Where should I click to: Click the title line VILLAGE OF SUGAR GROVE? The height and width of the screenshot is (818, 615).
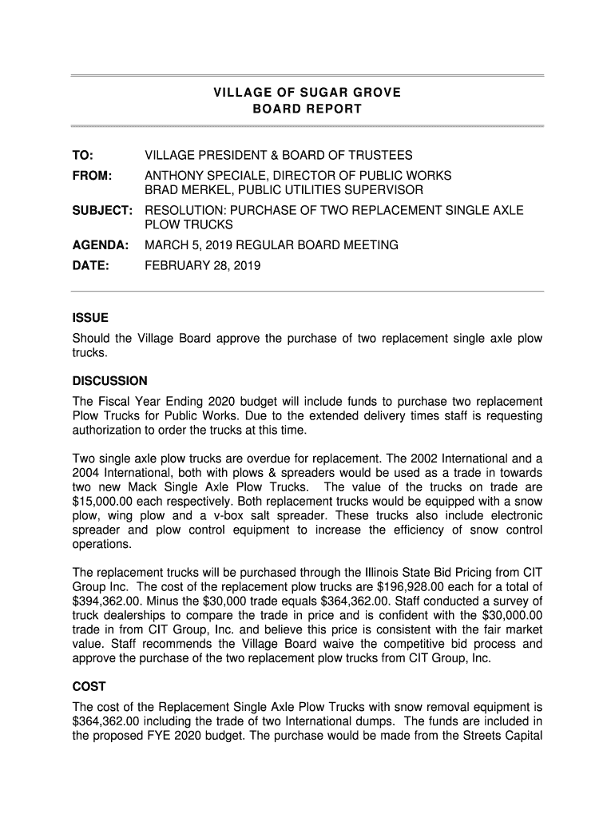307,93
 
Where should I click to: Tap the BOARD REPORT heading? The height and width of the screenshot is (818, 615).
307,109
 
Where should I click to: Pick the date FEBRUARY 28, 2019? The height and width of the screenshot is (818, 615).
202,264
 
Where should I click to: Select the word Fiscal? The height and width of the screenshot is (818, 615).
113,401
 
